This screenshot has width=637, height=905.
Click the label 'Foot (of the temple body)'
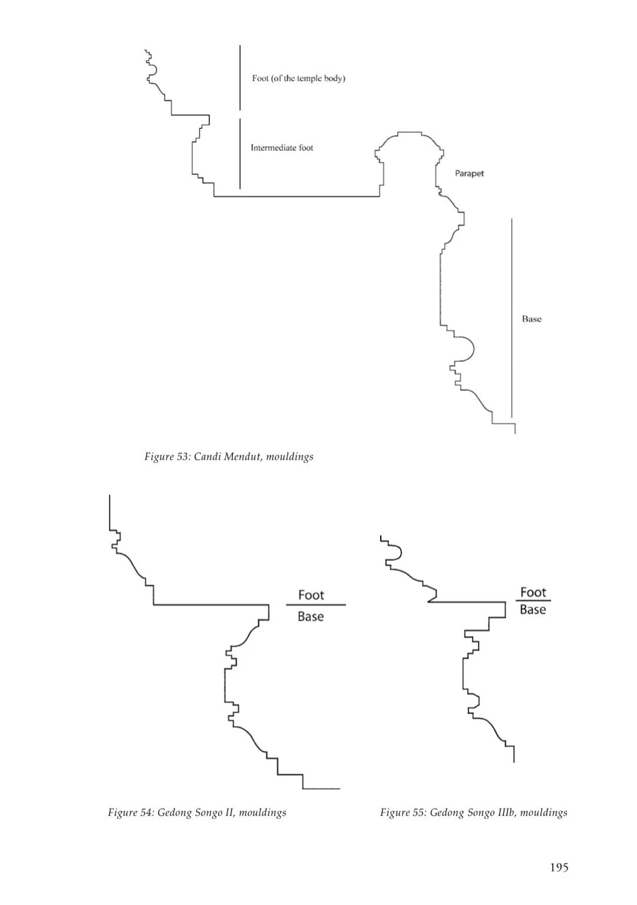298,78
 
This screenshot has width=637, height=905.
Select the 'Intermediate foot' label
282,148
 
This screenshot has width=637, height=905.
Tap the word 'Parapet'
469,173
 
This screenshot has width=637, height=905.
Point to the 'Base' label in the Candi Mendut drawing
532,319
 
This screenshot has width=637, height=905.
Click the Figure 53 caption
229,457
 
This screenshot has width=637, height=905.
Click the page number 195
559,867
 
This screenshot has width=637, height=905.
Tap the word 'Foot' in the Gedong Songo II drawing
311,594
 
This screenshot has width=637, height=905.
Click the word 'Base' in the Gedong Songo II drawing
311,616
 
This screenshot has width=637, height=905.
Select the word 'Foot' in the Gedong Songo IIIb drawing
533,592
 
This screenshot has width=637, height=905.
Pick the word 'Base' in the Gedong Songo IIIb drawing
533,609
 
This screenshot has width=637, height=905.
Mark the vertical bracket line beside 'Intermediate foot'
240,154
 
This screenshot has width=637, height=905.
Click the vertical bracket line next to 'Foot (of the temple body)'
240,78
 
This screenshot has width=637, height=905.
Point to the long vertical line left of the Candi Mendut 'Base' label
511,318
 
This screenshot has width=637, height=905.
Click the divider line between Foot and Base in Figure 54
316,605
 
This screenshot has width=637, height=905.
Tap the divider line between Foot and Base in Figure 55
533,600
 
